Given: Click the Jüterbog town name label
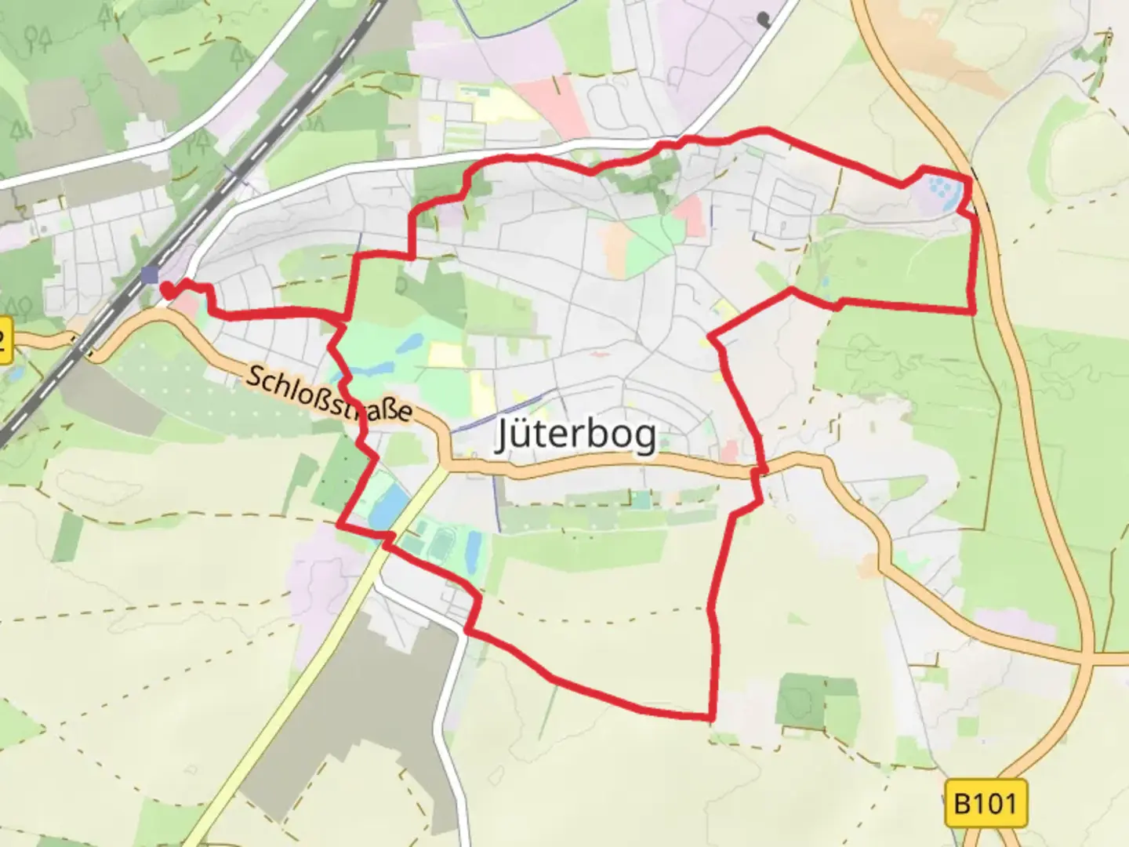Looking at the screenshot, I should pyautogui.click(x=576, y=434).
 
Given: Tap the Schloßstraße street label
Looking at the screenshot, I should pyautogui.click(x=329, y=394).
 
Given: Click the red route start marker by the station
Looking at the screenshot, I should pyautogui.click(x=167, y=290).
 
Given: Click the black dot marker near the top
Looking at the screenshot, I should pyautogui.click(x=764, y=18).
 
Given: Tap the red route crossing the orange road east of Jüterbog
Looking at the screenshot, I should pyautogui.click(x=760, y=471).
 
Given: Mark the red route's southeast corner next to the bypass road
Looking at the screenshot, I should pyautogui.click(x=973, y=311).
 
